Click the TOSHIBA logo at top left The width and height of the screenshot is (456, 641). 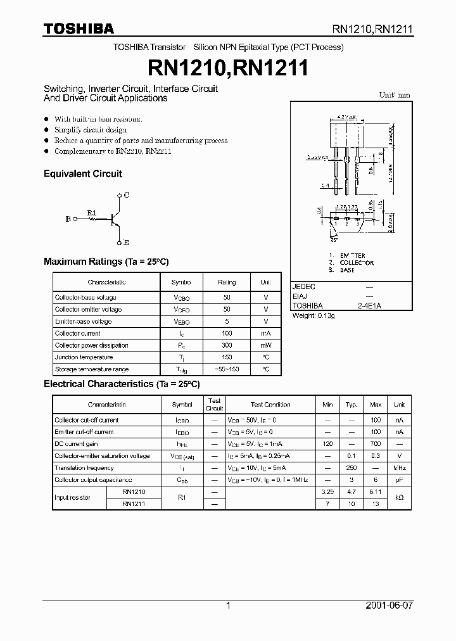pos(79,29)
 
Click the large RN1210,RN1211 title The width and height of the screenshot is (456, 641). pos(227,67)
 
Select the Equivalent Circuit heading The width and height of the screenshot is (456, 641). pos(82,174)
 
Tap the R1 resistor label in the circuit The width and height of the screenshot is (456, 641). pos(91,212)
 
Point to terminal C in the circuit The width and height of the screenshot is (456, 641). pos(126,195)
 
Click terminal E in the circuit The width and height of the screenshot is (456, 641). pos(126,243)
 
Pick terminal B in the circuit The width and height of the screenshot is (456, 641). pos(68,219)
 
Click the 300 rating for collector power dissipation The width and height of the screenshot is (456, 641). pos(227,345)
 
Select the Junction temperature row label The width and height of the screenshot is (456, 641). pos(84,357)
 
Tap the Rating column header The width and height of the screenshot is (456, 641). pos(227,282)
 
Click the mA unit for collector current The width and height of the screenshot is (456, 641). pos(265,333)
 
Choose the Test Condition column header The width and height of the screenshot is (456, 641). pos(270,404)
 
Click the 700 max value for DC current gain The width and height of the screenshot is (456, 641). pos(376,444)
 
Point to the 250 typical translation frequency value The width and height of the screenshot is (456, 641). pos(352,468)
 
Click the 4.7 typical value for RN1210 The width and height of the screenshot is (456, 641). pos(352,492)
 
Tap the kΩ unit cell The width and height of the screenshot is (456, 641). pos(399,498)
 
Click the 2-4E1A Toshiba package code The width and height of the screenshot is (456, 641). pos(369,306)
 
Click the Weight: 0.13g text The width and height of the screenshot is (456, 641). pos(313,315)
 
